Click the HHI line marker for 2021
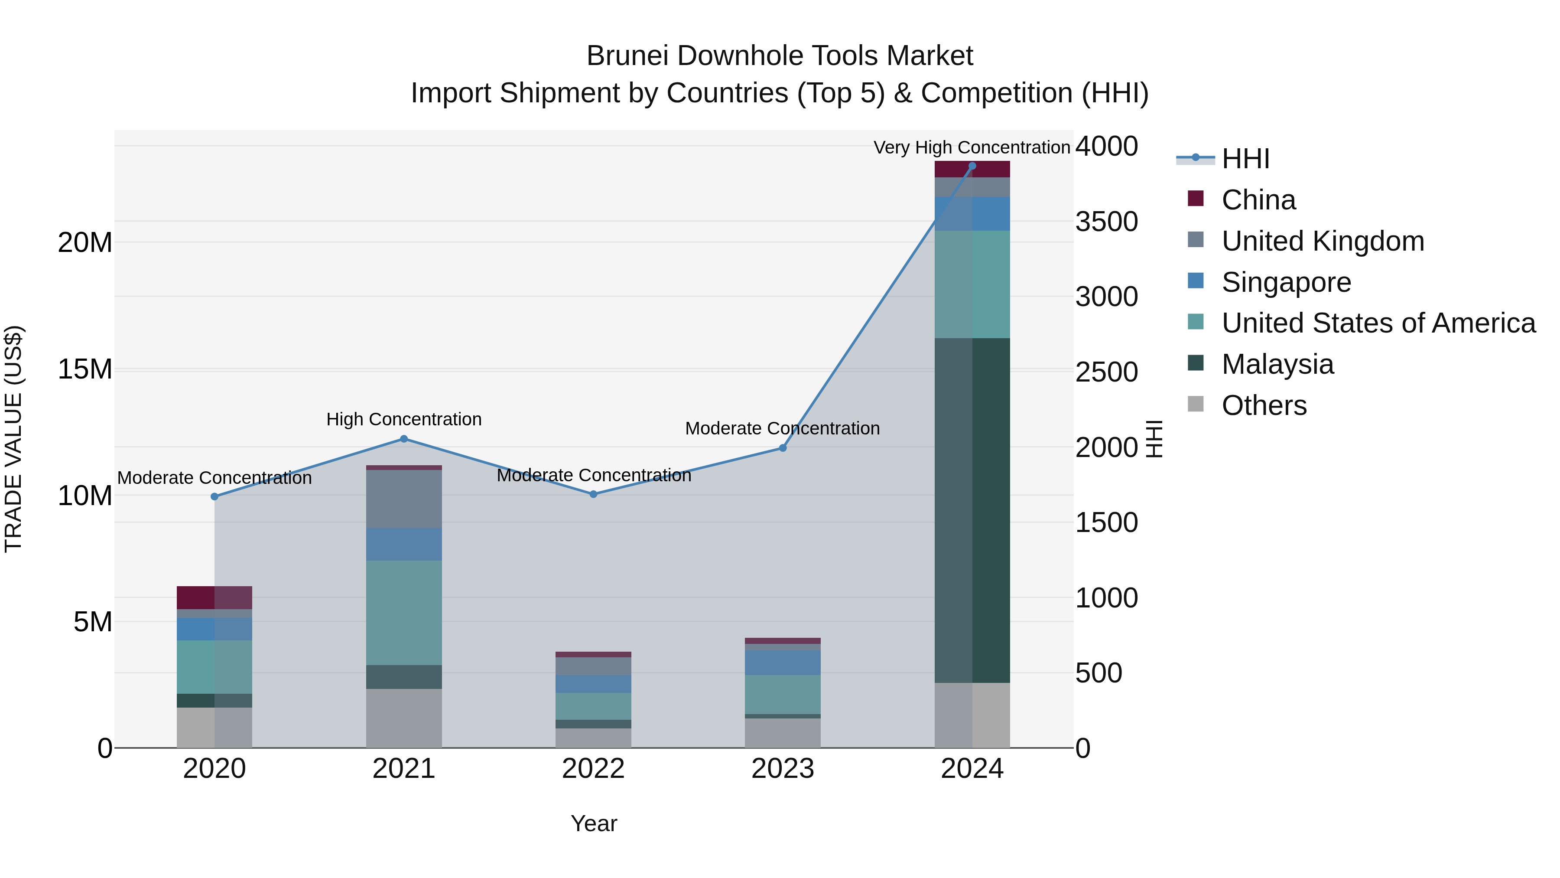[x=404, y=439]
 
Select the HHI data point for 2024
[x=972, y=166]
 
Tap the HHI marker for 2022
[x=594, y=494]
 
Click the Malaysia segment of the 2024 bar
[x=972, y=510]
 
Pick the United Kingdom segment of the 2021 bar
[x=404, y=499]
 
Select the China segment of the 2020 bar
[x=214, y=597]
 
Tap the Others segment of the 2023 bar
[x=783, y=733]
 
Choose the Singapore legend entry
[x=1286, y=282]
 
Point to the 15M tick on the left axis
[x=85, y=369]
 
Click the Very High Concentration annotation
[x=972, y=147]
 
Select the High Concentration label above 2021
[x=404, y=419]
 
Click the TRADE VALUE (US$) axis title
[x=13, y=439]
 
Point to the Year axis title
[x=594, y=823]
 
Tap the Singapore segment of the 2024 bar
[x=972, y=213]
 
